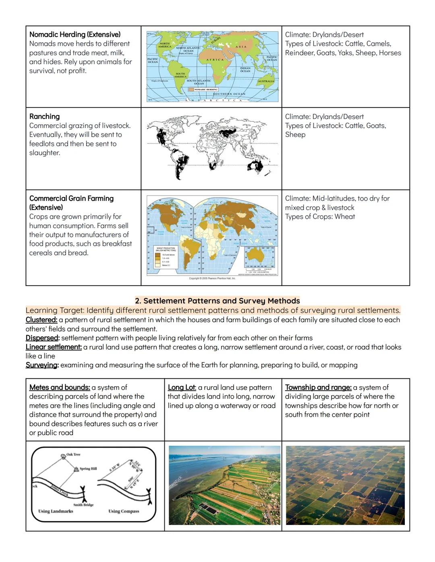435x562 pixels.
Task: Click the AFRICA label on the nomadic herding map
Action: pyautogui.click(x=215, y=60)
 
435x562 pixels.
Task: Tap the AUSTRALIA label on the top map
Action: pyautogui.click(x=266, y=81)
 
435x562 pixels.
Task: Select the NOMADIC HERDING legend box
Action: pyautogui.click(x=203, y=89)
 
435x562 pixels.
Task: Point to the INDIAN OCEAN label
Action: pyautogui.click(x=245, y=70)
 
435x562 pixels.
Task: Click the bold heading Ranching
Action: pyautogui.click(x=44, y=116)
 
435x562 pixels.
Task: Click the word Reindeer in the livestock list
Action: pyautogui.click(x=298, y=53)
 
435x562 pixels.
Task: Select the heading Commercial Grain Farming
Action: pyautogui.click(x=71, y=198)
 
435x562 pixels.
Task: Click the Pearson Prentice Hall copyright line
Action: pyautogui.click(x=212, y=278)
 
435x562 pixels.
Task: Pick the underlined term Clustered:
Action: pyautogui.click(x=41, y=320)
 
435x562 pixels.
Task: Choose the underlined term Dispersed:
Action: pyautogui.click(x=42, y=338)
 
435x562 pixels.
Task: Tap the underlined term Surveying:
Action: pyautogui.click(x=42, y=365)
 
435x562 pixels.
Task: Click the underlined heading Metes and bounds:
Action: pyautogui.click(x=59, y=387)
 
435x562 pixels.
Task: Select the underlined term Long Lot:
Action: pyautogui.click(x=182, y=387)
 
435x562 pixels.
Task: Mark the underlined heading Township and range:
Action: pyautogui.click(x=318, y=387)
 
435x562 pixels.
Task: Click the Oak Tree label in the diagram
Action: pyautogui.click(x=73, y=454)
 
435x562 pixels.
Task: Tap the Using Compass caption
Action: pyautogui.click(x=124, y=511)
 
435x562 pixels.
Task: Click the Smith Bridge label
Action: pyautogui.click(x=83, y=504)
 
